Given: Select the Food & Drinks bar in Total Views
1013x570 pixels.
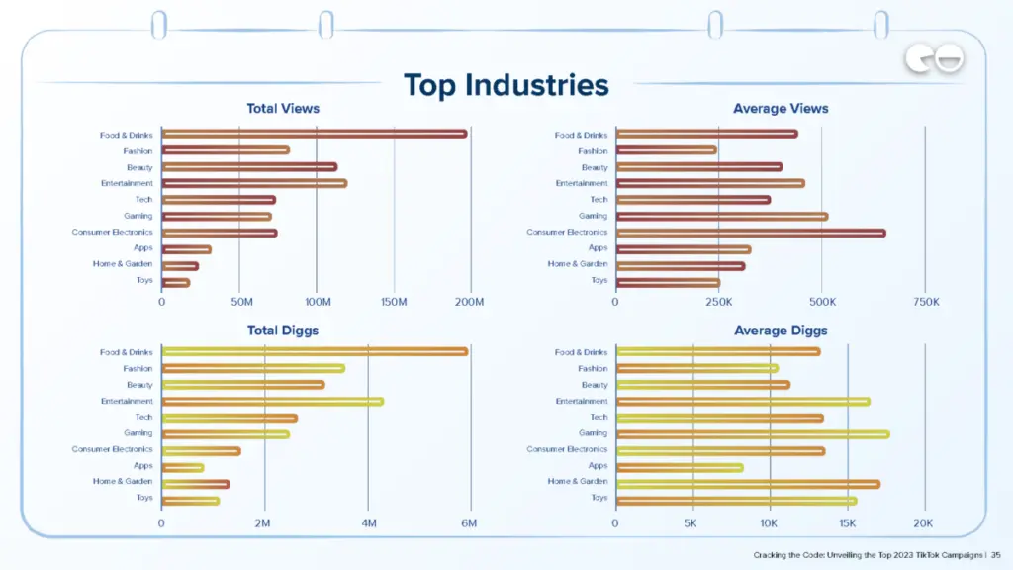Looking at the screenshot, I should coord(314,134).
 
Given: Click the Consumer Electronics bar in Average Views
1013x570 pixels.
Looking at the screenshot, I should coord(750,233).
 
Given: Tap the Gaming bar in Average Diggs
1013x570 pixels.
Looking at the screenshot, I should coord(752,433).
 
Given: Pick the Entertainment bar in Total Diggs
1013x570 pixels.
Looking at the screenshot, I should coord(272,401).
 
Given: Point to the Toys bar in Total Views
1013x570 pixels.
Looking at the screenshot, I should coord(175,282).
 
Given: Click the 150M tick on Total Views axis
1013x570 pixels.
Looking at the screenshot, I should coord(394,302).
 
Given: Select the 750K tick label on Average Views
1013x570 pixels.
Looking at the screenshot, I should coord(925,302).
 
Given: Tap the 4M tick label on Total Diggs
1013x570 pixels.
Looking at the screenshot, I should coord(368,522).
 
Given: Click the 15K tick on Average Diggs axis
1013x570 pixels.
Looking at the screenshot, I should coord(847,522).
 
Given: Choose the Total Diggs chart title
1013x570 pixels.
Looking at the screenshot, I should coord(283,331).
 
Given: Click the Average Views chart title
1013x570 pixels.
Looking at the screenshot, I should coord(781,109).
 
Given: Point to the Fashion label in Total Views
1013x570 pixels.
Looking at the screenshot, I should coord(138,151).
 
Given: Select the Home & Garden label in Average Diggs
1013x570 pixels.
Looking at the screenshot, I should coord(578,482).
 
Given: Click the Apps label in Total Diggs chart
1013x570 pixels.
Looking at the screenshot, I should coord(143,465).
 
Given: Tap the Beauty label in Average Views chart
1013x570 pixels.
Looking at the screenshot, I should coord(595,167).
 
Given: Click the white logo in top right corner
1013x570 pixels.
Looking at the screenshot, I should coord(934,60).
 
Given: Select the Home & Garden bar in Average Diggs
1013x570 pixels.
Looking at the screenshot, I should coord(747,483).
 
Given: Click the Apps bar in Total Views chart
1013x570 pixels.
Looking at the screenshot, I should coord(186,249).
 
